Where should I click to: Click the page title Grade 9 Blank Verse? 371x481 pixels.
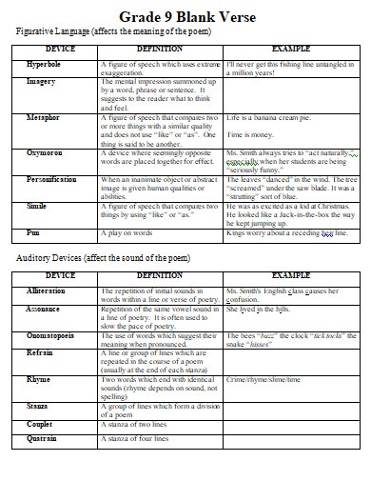tap(185, 16)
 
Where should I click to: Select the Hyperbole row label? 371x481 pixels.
tap(44, 63)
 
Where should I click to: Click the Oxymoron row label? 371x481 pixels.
tap(45, 151)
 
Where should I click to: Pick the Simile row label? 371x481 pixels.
tap(36, 206)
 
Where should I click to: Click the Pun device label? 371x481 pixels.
tap(32, 232)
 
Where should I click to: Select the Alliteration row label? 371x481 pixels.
tap(45, 290)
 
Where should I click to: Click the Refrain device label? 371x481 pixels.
tap(38, 351)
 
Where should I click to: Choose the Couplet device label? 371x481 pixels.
tap(38, 424)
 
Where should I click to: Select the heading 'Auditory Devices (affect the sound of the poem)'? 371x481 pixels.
tap(105, 259)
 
